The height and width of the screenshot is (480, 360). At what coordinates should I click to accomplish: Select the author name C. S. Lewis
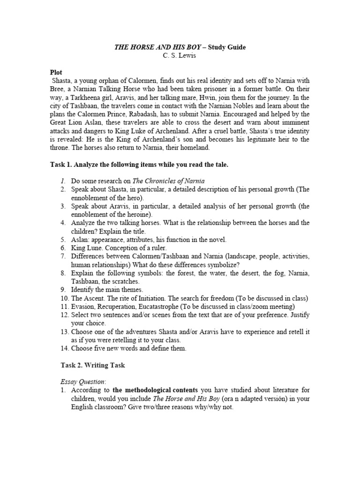180,56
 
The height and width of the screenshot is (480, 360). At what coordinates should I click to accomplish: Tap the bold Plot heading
56,73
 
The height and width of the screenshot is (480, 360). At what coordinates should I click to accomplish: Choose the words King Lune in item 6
87,247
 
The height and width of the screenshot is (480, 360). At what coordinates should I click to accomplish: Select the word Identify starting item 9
82,290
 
